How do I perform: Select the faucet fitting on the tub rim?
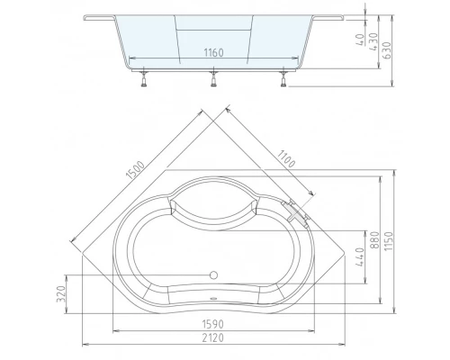pos(297,212)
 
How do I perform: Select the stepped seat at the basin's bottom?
pos(213,297)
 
